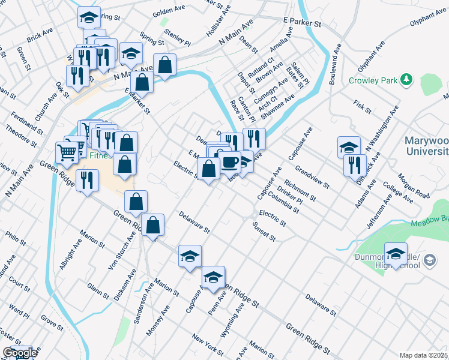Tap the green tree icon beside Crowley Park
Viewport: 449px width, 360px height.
[407, 79]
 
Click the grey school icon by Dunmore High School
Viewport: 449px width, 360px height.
[430, 260]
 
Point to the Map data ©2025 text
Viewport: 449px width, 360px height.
[424, 355]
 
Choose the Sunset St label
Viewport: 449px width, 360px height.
[264, 230]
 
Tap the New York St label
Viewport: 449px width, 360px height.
[208, 345]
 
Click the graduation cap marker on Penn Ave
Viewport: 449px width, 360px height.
[213, 278]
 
